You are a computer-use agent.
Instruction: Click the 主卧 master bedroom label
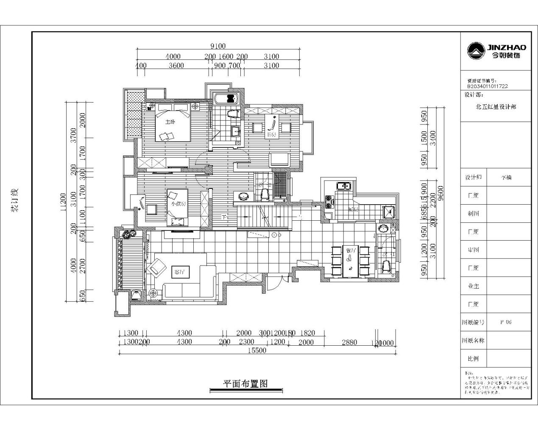[170, 122]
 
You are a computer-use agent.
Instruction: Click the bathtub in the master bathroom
[227, 99]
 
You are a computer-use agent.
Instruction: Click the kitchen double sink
[343, 186]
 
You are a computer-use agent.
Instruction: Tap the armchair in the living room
[157, 266]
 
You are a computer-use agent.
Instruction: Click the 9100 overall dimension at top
[218, 46]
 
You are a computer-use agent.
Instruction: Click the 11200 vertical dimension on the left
[63, 202]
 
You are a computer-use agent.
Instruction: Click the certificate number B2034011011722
[487, 86]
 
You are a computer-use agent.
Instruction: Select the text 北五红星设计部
[496, 107]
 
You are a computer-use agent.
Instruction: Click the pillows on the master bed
[167, 136]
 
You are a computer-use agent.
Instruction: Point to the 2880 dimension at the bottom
[350, 342]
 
